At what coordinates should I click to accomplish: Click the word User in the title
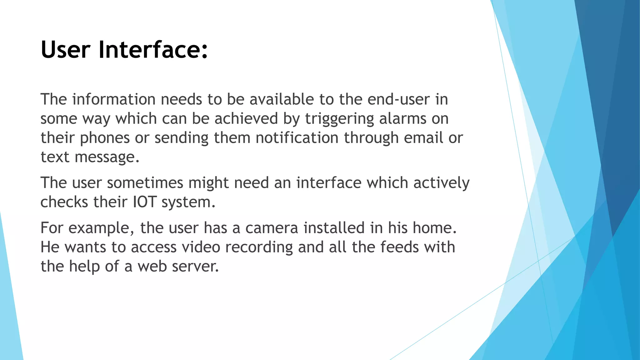pos(66,50)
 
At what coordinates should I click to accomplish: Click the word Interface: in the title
pos(153,50)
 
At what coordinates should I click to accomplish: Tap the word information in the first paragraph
pos(114,99)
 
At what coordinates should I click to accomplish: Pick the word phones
pos(105,138)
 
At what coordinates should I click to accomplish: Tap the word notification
pos(297,138)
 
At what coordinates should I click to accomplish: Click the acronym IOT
pos(144,202)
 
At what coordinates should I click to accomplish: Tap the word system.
pos(188,202)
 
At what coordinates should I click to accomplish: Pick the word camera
pos(272,228)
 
